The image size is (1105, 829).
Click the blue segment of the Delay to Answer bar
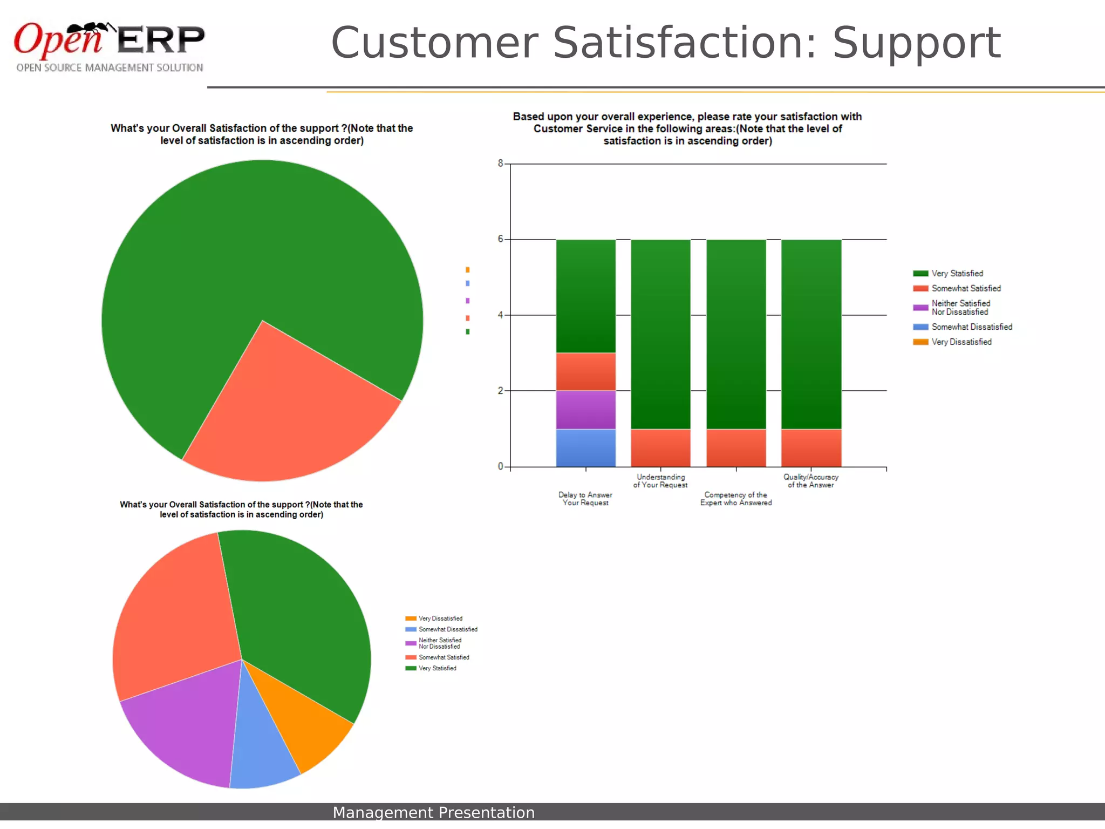pos(585,447)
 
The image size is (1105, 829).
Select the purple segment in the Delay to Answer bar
pos(585,409)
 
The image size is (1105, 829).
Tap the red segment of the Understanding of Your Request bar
pos(660,447)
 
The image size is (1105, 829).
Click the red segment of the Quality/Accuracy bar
pos(811,447)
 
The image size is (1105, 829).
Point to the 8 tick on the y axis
pos(501,164)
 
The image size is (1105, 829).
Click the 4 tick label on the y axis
pos(501,315)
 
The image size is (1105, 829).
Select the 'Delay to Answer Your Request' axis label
pos(585,499)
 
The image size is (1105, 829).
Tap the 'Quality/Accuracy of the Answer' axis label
pos(811,481)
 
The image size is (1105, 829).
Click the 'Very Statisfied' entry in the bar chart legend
pos(957,274)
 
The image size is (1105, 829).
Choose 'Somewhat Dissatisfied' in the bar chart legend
pos(971,327)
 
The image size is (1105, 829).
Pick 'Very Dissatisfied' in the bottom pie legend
pos(440,619)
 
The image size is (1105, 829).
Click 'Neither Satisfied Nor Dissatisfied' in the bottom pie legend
pos(440,643)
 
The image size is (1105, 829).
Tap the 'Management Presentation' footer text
pos(433,812)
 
